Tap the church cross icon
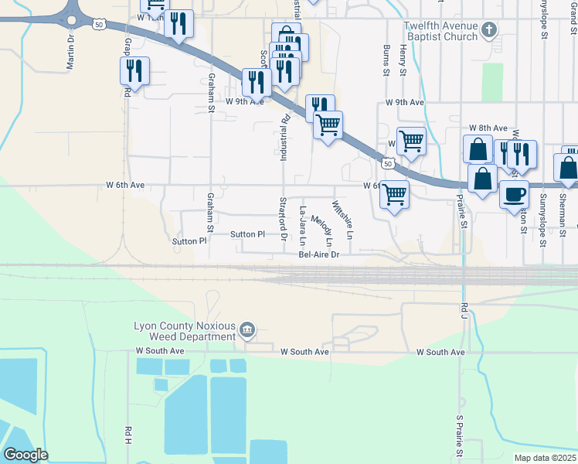[488, 30]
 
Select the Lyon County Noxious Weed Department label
[185, 331]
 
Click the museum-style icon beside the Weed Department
[246, 331]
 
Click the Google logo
[25, 455]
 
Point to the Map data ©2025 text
[545, 458]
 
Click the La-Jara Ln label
[303, 224]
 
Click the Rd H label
[128, 435]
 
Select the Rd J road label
[464, 310]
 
